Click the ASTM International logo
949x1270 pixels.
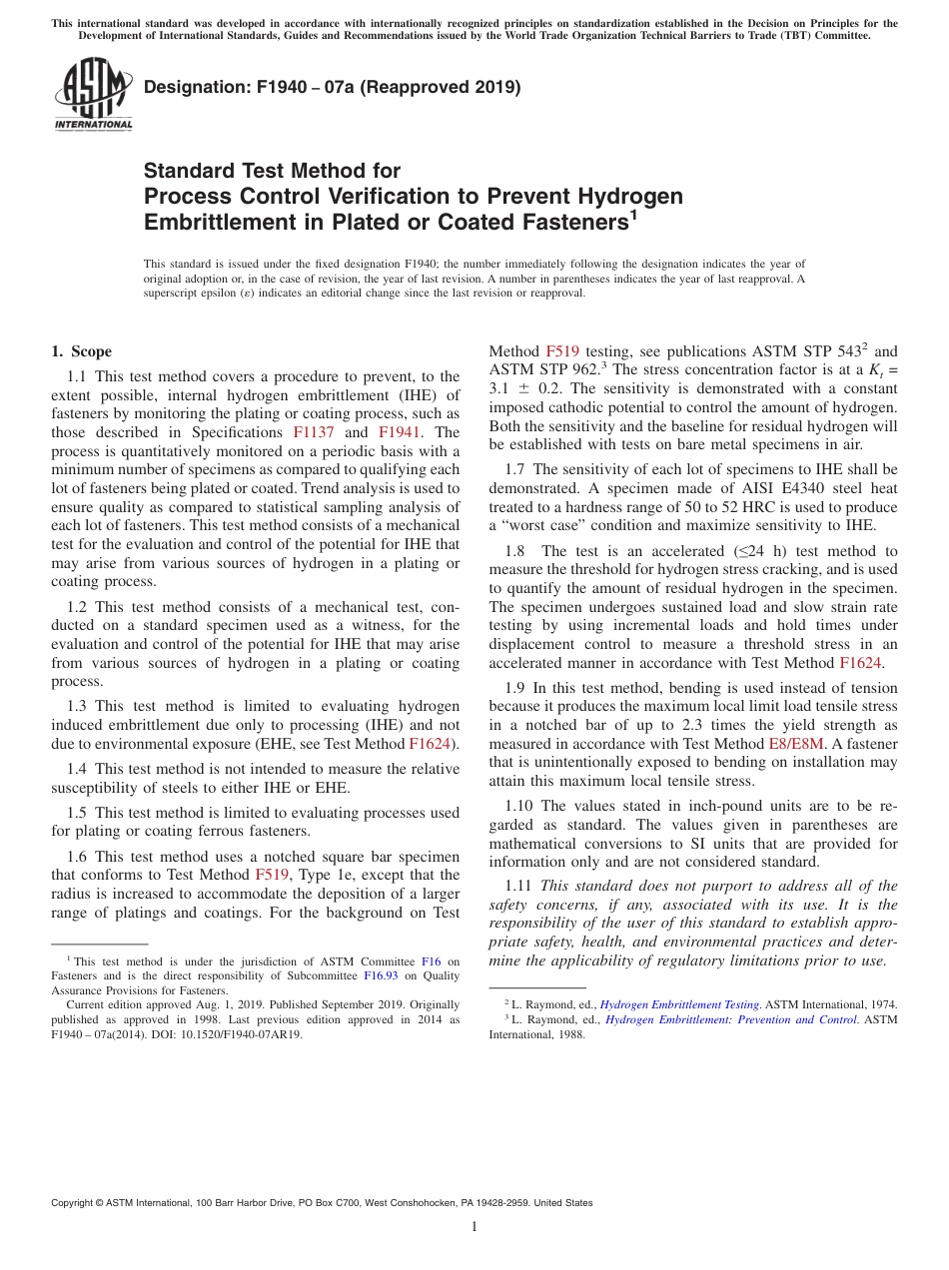pyautogui.click(x=92, y=95)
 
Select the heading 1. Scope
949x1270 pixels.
pyautogui.click(x=82, y=351)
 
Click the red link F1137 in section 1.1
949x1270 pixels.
pyautogui.click(x=313, y=432)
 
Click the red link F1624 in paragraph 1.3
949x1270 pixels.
pyautogui.click(x=430, y=744)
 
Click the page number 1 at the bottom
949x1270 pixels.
pyautogui.click(x=474, y=1227)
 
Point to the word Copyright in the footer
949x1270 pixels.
pyautogui.click(x=75, y=1203)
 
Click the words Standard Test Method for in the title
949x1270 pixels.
pyautogui.click(x=272, y=171)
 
